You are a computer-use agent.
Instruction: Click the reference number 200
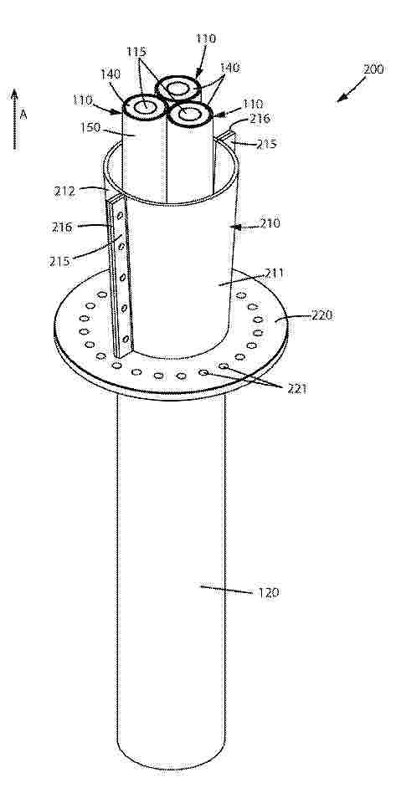[373, 69]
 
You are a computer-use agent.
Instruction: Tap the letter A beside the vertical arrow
[23, 115]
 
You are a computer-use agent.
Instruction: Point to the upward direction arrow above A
[14, 120]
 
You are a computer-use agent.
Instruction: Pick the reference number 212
[65, 192]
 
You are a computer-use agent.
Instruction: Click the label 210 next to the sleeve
[270, 223]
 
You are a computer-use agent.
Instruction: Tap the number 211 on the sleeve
[275, 274]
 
